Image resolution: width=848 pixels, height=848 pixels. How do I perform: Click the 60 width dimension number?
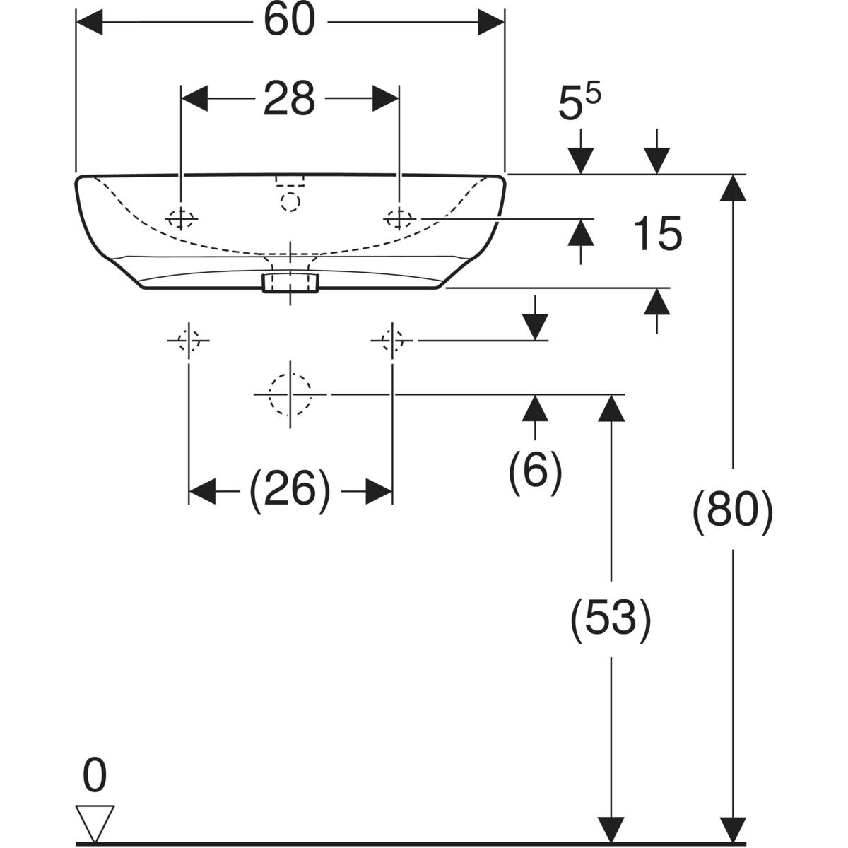click(289, 21)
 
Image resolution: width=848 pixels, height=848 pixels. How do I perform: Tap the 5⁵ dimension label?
click(579, 104)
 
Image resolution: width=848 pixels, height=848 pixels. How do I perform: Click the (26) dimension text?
click(289, 490)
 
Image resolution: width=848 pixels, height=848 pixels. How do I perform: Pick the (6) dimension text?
click(535, 469)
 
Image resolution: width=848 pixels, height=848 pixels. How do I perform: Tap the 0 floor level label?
click(94, 777)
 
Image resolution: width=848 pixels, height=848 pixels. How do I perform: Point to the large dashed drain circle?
click(290, 394)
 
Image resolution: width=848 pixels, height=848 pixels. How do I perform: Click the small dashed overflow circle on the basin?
click(290, 201)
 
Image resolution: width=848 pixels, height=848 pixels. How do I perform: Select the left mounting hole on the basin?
click(182, 219)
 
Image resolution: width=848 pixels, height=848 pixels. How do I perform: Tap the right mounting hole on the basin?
click(399, 219)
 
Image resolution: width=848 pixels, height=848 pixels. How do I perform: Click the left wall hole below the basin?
click(189, 341)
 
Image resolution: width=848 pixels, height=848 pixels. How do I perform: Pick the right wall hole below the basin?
click(391, 341)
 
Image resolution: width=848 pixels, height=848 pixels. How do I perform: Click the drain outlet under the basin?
click(290, 283)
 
